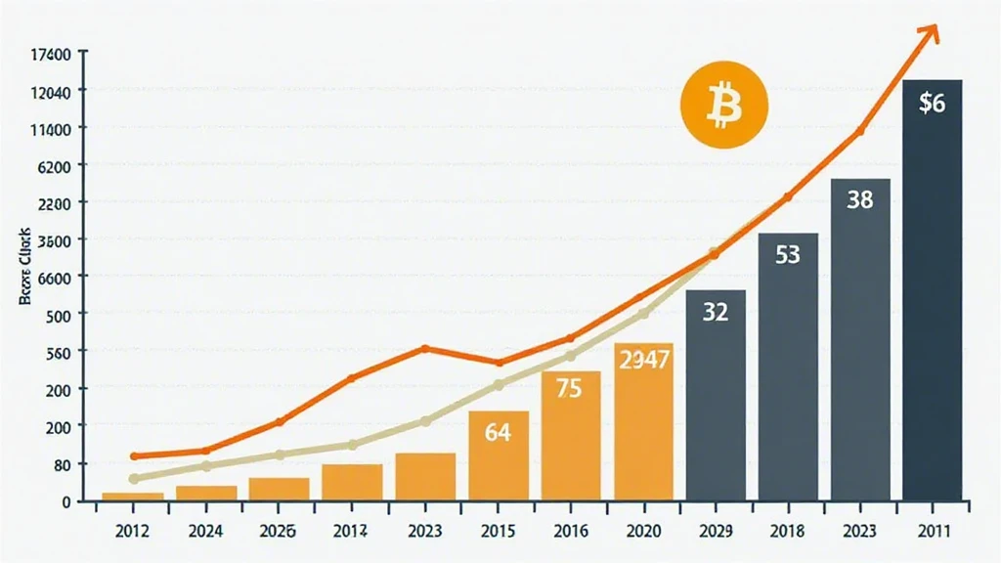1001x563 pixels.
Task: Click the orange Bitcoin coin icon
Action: [x=724, y=107]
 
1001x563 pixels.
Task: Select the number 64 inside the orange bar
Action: [x=498, y=430]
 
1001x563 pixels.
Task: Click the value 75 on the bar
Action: [x=569, y=388]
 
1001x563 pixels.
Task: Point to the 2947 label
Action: [x=643, y=359]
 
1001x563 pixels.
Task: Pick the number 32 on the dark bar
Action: [x=716, y=314]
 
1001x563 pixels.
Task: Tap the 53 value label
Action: [x=787, y=256]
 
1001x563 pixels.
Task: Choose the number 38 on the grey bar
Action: [x=859, y=200]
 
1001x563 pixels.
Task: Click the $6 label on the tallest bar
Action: [x=932, y=104]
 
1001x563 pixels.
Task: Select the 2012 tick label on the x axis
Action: [x=133, y=534]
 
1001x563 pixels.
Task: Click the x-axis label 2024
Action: [x=206, y=534]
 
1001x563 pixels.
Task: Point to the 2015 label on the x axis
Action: [x=498, y=534]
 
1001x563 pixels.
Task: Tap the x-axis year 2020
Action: [x=643, y=534]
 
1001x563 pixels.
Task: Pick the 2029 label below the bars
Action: [x=716, y=534]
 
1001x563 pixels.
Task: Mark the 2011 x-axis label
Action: [x=932, y=534]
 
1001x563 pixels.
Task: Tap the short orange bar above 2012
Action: [x=133, y=497]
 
